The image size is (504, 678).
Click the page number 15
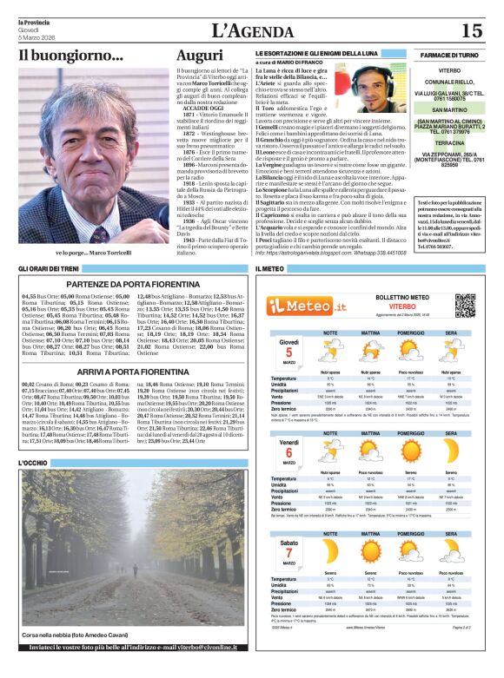pyautogui.click(x=472, y=31)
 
